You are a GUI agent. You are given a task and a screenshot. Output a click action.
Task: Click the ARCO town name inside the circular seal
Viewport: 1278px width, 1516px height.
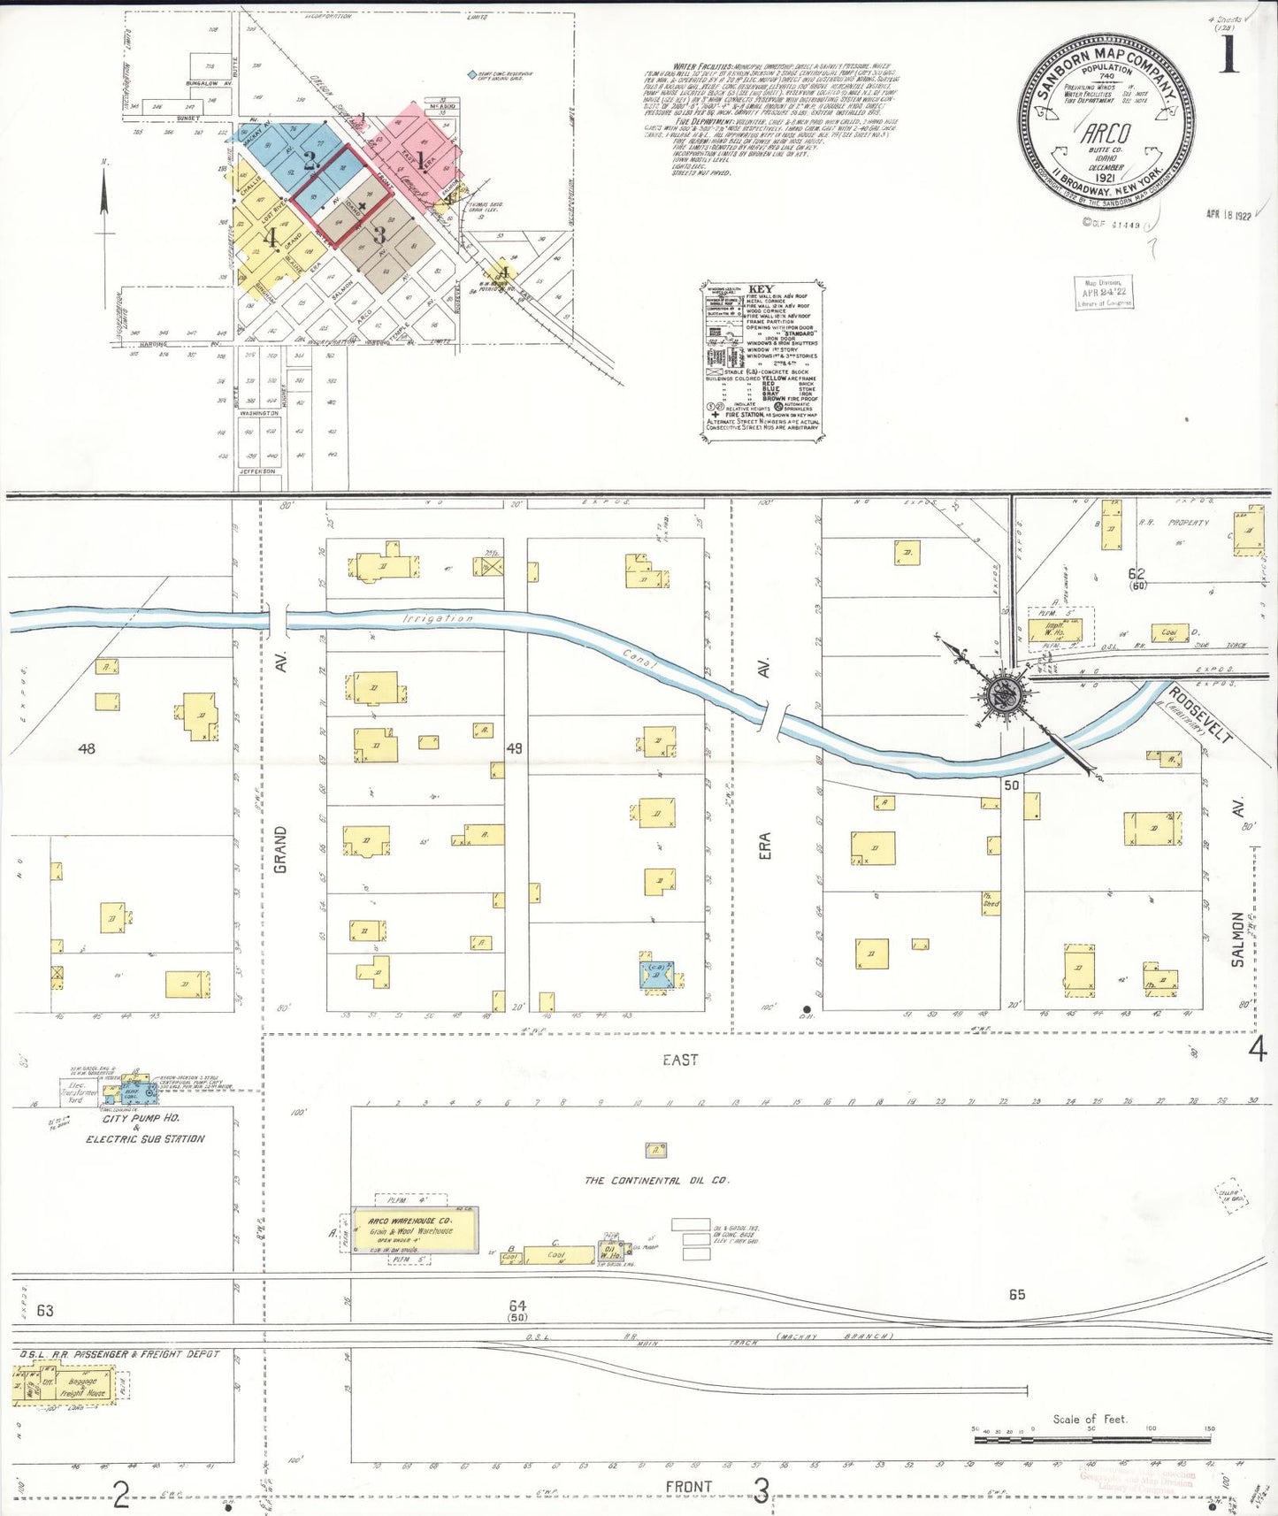[1106, 134]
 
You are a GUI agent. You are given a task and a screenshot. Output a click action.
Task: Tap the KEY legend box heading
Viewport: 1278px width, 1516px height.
[760, 289]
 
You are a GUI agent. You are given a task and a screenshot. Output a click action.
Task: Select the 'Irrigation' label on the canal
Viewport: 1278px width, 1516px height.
[438, 618]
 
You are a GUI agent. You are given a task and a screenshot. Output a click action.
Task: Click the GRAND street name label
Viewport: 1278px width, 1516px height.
[280, 849]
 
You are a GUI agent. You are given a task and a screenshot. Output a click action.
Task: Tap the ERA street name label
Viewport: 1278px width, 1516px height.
[764, 845]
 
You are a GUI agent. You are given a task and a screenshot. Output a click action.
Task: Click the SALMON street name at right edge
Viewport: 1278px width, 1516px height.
[1237, 938]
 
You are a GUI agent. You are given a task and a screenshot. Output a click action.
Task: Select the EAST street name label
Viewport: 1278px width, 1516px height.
[679, 1059]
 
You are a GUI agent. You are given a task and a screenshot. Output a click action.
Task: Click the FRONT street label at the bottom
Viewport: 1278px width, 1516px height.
[688, 1486]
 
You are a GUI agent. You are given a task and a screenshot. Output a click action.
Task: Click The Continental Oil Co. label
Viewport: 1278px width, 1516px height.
[656, 1180]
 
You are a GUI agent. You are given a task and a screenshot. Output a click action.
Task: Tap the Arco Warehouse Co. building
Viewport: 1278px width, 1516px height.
[414, 1229]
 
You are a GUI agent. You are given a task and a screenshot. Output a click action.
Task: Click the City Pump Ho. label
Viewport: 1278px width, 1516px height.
[142, 1118]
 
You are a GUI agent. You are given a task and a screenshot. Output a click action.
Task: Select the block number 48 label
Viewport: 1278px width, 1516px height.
[86, 748]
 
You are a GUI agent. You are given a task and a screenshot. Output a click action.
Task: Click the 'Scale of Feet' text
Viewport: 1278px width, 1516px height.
[1090, 1419]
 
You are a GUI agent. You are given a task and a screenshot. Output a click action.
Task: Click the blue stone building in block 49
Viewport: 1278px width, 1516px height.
[661, 973]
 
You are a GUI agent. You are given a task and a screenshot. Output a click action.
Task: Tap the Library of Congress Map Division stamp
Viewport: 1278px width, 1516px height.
[1104, 292]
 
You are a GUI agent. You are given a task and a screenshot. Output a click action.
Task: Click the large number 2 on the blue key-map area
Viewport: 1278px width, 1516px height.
[310, 161]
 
